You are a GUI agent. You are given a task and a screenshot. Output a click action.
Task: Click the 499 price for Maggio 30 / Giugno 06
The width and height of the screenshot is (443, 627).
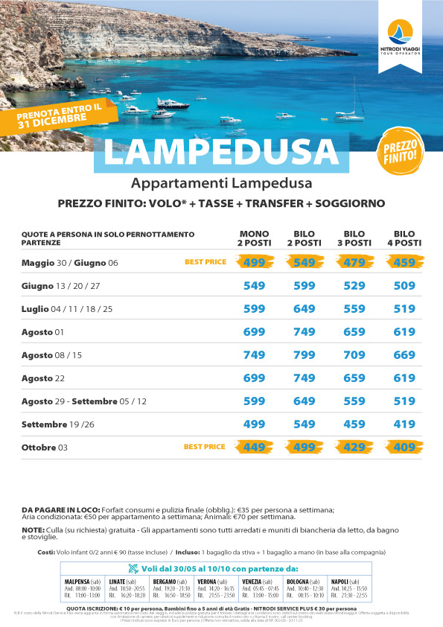255,262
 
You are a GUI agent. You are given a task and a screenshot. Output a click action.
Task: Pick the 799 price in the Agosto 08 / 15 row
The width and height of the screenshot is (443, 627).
305,354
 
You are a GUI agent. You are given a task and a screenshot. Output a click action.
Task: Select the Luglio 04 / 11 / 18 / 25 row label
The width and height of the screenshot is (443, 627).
66,308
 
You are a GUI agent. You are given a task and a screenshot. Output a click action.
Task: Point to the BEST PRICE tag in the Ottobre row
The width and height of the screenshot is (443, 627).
204,447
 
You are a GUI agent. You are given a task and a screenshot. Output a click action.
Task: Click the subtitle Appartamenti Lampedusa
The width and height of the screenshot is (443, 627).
220,184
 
